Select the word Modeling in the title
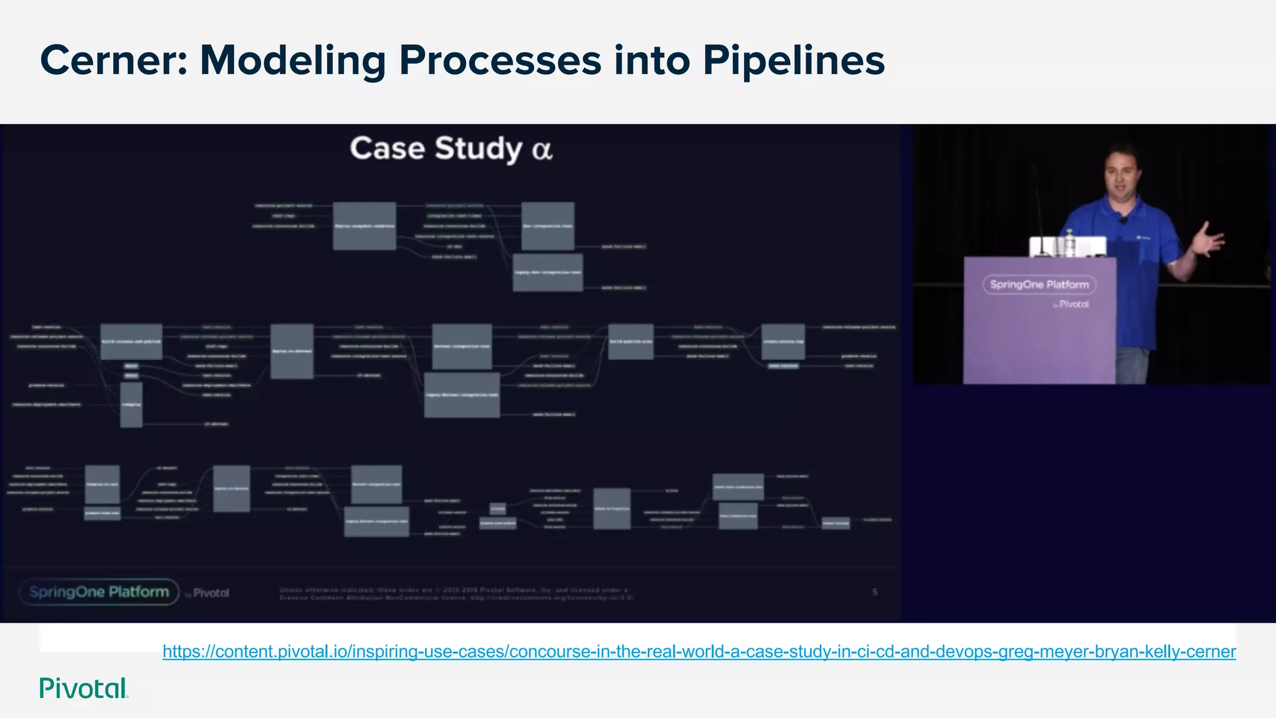293,60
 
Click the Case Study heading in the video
436,148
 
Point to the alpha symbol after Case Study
542,150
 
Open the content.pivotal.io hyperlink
698,651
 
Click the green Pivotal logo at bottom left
83,688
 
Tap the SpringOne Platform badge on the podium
1039,285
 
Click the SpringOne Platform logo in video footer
99,591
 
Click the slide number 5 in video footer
875,592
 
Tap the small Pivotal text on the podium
1073,304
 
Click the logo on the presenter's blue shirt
1143,237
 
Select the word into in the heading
652,60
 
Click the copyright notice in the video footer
455,593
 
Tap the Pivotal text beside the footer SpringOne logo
210,593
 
